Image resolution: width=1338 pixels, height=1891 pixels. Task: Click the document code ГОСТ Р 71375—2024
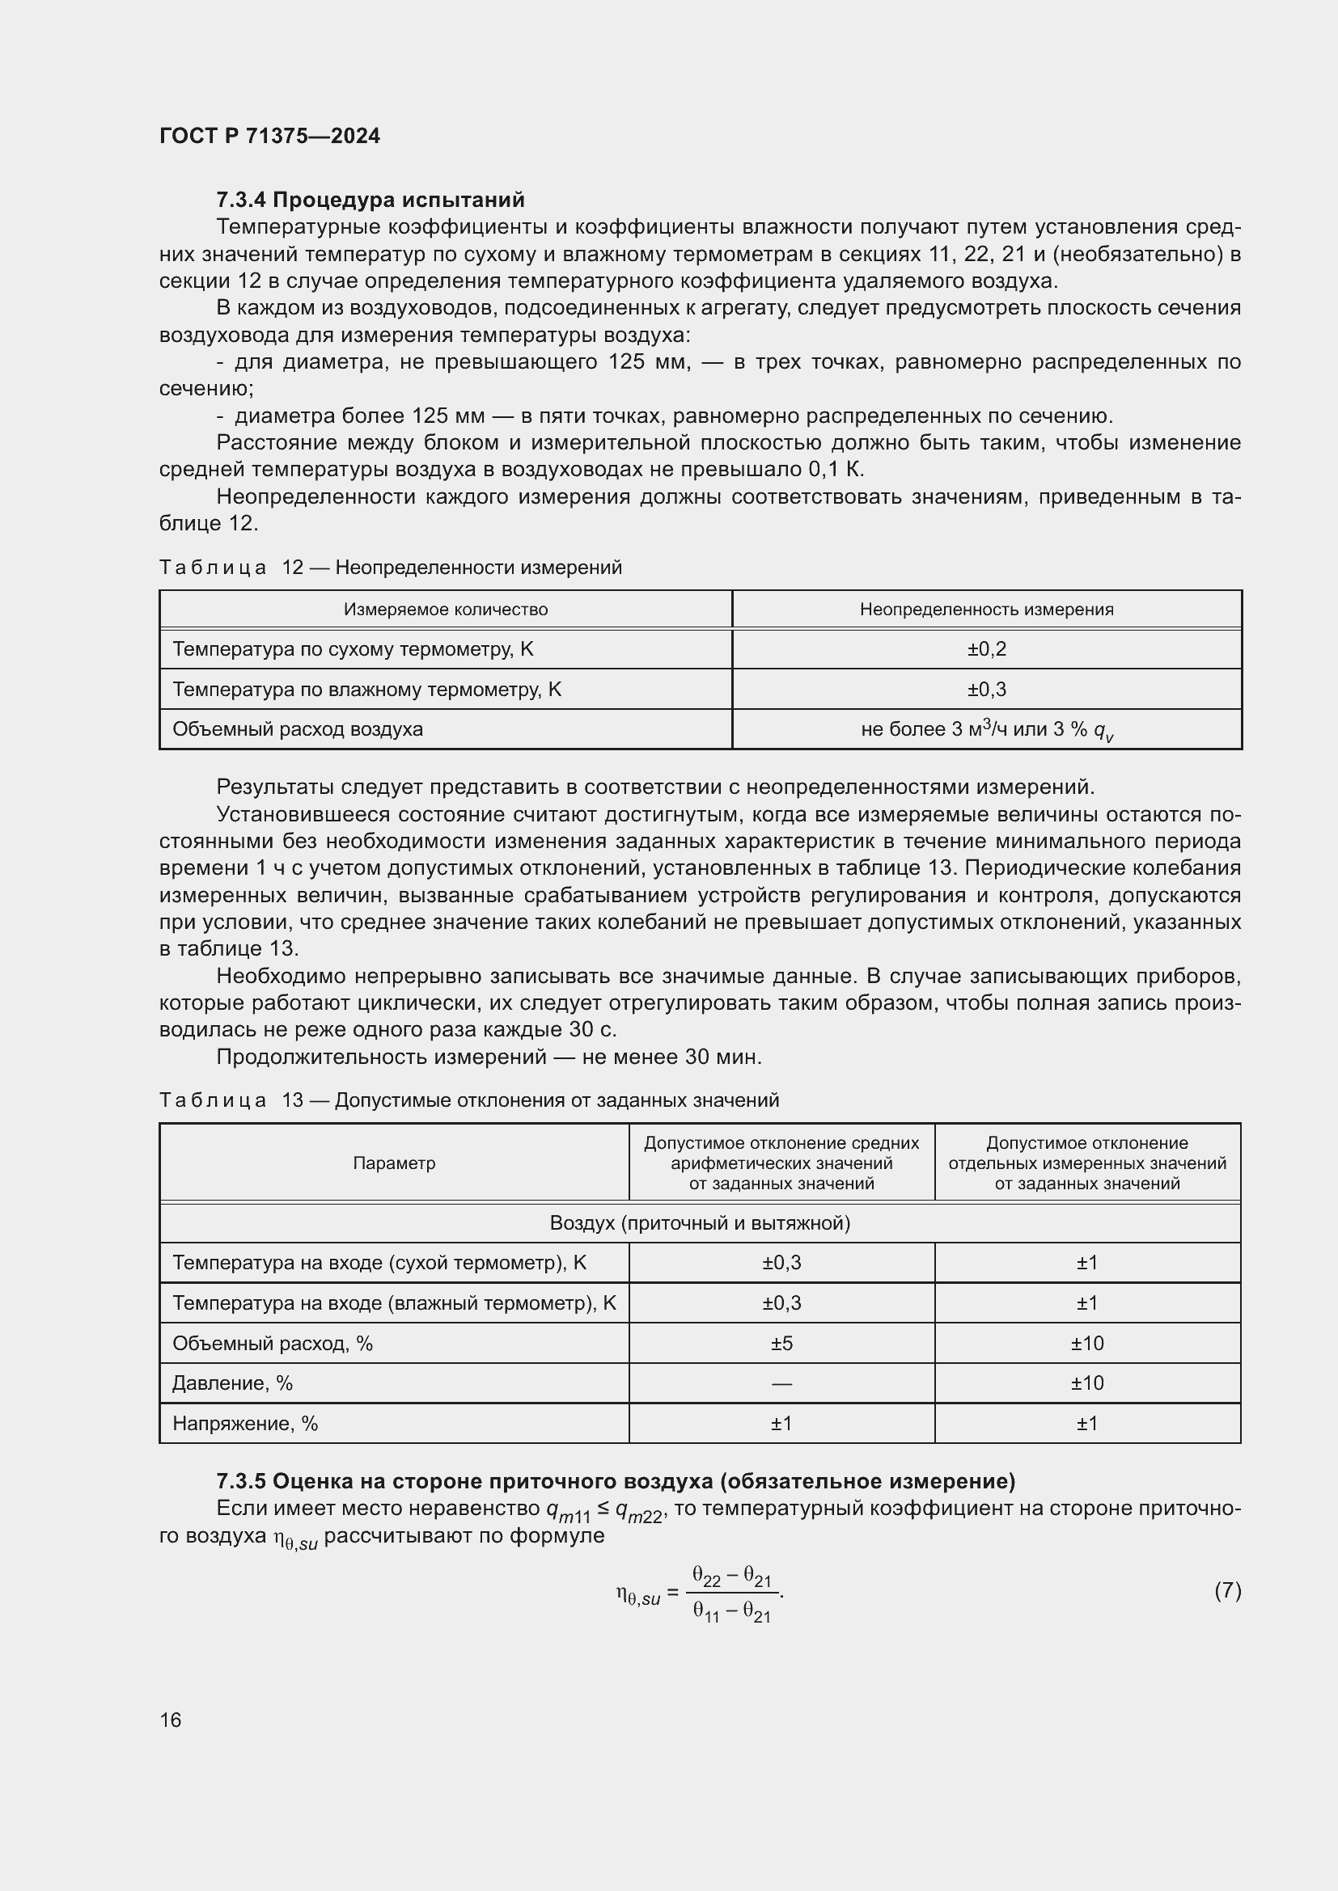pos(269,136)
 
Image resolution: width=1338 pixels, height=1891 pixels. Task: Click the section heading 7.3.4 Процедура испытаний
pos(370,200)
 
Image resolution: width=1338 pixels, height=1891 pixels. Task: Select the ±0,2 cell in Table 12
pos(986,649)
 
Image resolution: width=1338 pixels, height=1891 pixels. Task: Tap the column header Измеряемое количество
pos(445,610)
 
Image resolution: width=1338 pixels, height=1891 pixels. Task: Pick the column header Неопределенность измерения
pos(986,610)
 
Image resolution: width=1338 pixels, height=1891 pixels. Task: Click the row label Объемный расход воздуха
pos(298,729)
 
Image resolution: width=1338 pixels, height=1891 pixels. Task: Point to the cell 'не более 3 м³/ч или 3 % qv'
pos(986,730)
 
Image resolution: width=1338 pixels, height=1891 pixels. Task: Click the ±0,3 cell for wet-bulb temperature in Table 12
pos(986,690)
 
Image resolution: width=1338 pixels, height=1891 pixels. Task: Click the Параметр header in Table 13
pos(394,1163)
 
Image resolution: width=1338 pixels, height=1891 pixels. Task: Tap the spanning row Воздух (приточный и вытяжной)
pos(700,1223)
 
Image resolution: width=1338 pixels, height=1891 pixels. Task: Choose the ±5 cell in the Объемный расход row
pos(781,1344)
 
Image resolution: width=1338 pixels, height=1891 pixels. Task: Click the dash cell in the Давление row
pos(781,1383)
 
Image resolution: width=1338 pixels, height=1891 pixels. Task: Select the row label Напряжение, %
pos(244,1423)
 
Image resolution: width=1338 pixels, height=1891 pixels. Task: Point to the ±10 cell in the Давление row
pos(1086,1383)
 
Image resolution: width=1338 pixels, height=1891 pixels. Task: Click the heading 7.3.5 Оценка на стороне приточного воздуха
pos(616,1482)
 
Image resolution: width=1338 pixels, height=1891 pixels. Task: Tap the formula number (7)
pos(1227,1590)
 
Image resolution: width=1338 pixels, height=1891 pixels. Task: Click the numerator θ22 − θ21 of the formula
pos(730,1577)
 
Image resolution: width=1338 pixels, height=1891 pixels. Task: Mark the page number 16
pos(171,1720)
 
